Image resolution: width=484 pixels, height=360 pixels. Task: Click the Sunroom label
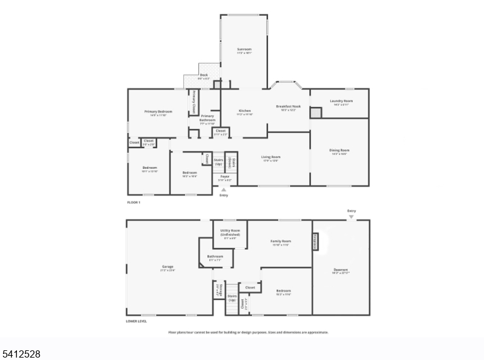click(x=244, y=49)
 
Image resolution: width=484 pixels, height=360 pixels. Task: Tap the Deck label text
click(x=204, y=75)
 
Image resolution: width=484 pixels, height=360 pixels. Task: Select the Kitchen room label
click(x=244, y=111)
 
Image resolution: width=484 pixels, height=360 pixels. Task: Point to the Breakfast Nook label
click(x=288, y=106)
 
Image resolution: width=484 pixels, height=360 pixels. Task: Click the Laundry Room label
click(x=341, y=101)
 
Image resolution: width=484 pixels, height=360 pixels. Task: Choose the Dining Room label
click(x=340, y=150)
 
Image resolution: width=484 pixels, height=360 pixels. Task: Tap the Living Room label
click(x=270, y=157)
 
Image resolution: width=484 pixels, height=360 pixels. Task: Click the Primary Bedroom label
click(x=158, y=111)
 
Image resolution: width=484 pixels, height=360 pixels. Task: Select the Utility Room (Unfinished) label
click(x=230, y=232)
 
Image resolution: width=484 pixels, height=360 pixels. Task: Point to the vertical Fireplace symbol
click(x=315, y=241)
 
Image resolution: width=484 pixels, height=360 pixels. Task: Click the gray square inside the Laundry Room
click(x=316, y=113)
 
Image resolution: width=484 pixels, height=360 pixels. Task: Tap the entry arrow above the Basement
click(x=352, y=216)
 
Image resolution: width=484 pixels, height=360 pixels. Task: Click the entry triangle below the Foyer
click(x=224, y=189)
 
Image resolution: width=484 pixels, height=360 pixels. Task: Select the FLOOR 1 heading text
click(x=133, y=202)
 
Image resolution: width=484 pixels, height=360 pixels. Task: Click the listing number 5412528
click(x=21, y=353)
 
